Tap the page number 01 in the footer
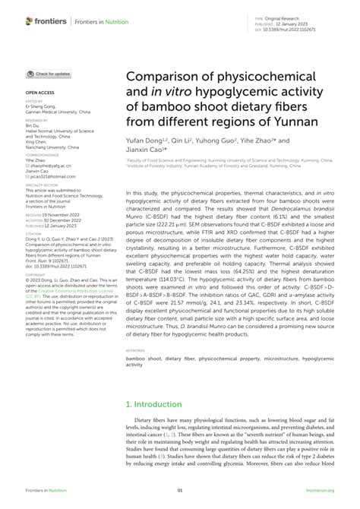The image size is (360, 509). pos(180,491)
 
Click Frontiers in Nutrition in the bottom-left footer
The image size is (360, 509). pos(47,491)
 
